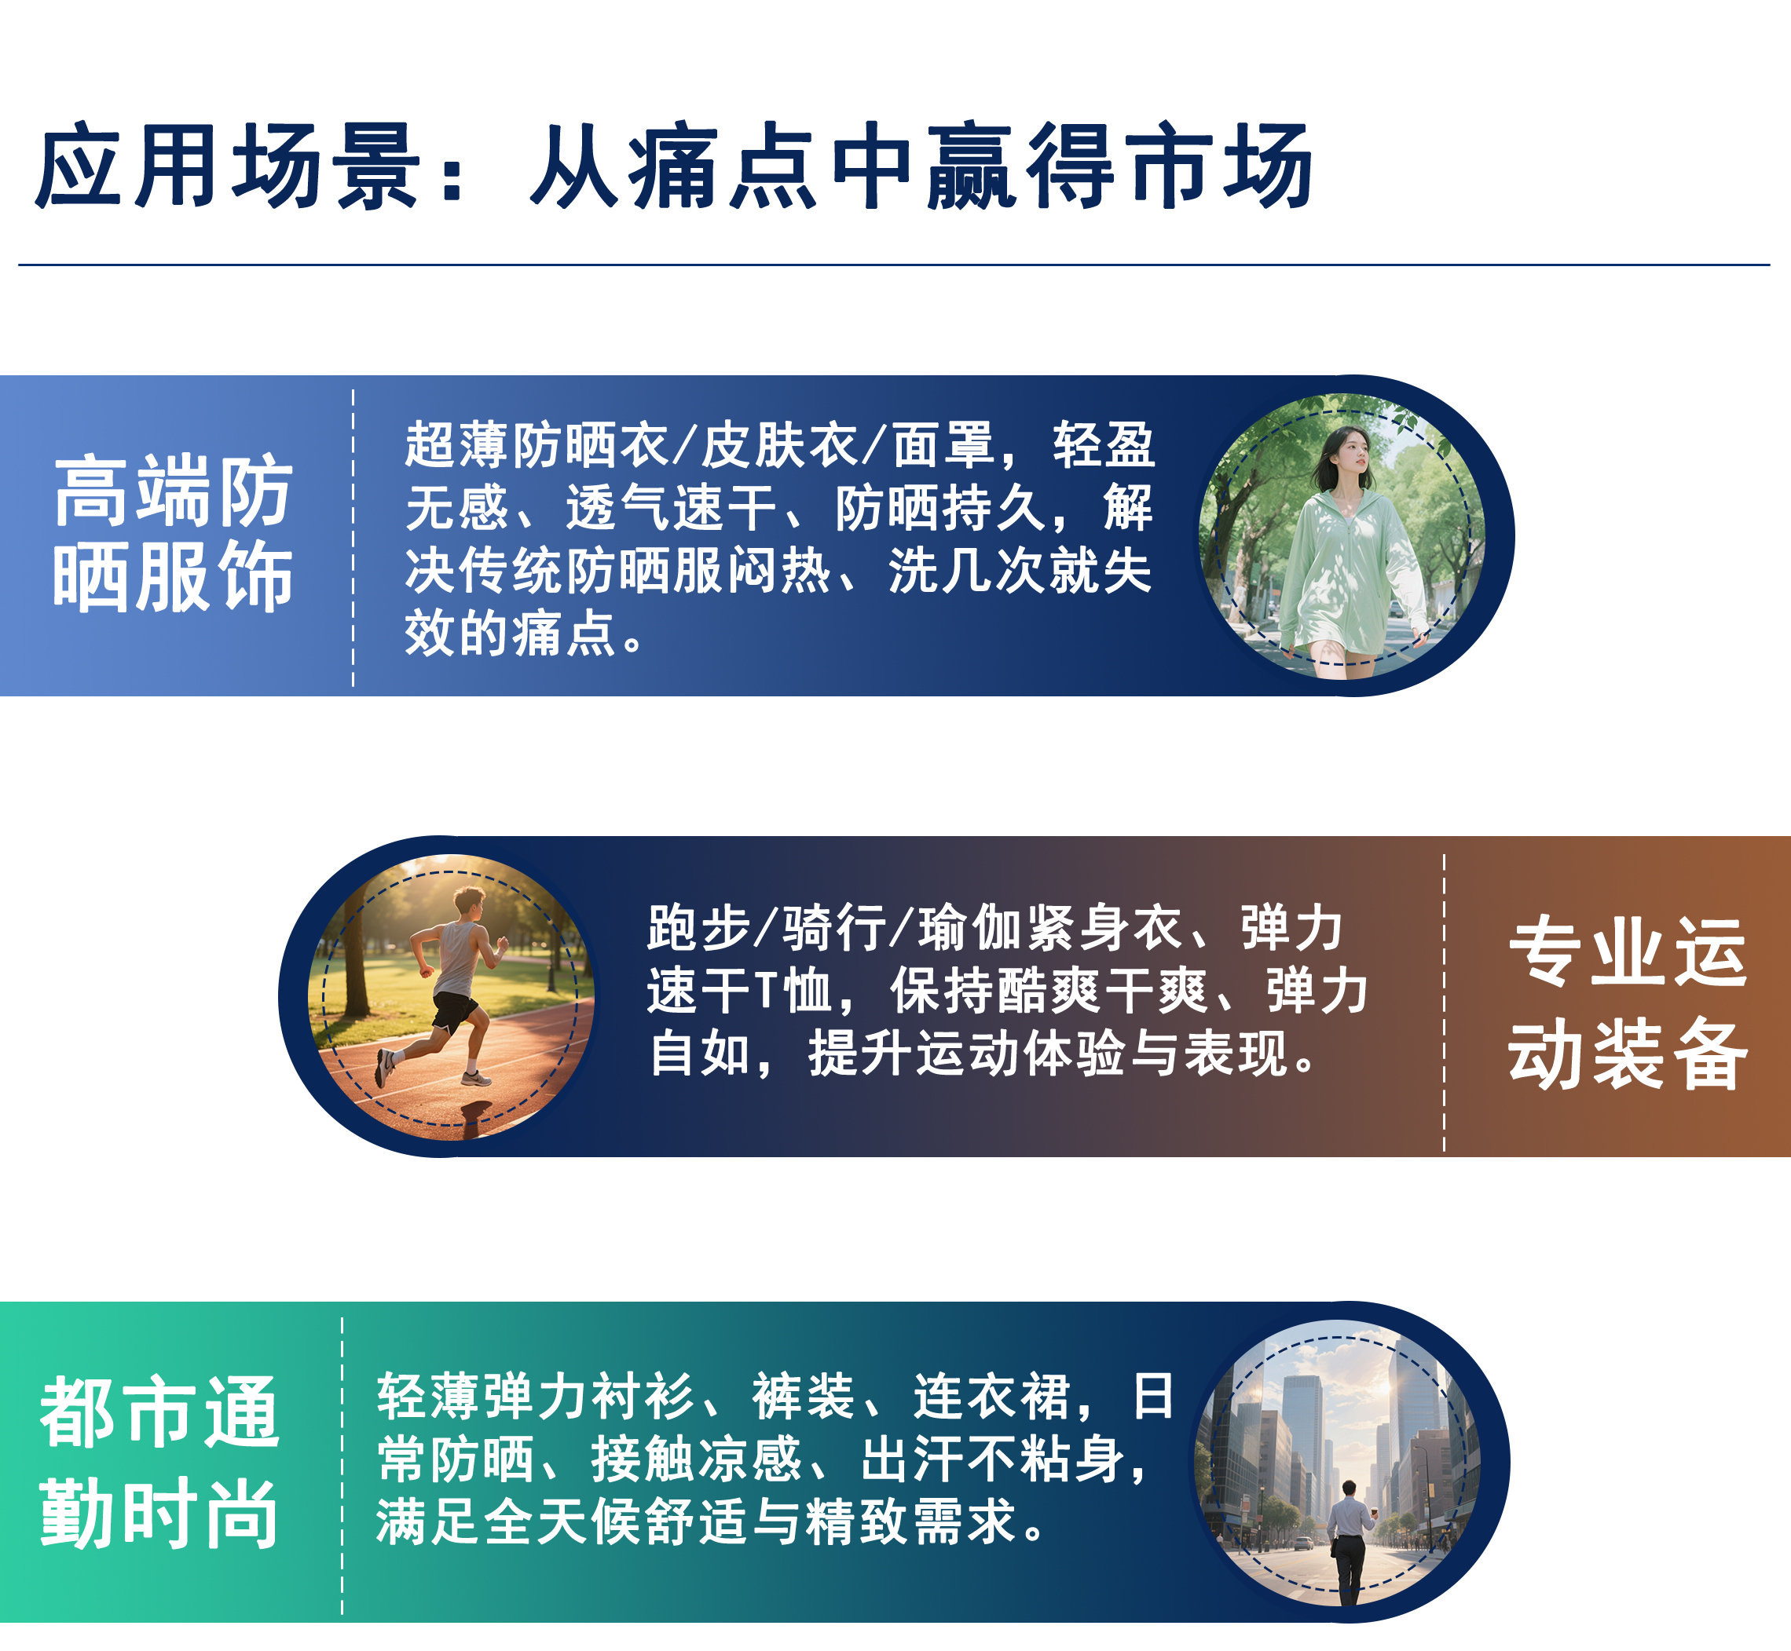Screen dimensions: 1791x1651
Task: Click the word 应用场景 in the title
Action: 228,166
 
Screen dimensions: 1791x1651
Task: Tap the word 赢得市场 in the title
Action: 1119,166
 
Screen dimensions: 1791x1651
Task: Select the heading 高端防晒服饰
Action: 174,533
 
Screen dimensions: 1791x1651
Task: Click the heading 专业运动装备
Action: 1628,1003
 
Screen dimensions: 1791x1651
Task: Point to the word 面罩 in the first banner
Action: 943,445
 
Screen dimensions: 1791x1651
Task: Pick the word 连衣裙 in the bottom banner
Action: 991,1397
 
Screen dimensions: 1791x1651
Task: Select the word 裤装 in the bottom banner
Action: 804,1397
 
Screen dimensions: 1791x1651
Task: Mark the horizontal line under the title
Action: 894,265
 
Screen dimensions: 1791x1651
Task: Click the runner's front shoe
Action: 475,1079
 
